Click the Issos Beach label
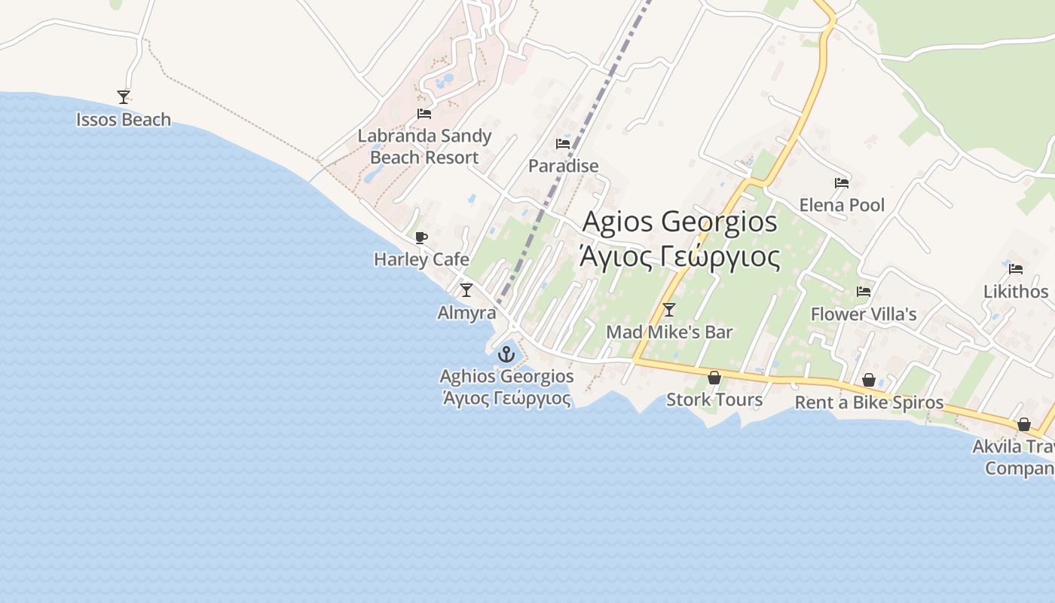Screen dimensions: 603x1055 (x=124, y=120)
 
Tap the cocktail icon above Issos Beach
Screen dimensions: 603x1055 (x=124, y=96)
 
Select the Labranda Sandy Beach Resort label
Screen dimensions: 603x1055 (x=424, y=147)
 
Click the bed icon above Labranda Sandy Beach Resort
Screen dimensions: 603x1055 (x=424, y=114)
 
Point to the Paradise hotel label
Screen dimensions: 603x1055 (x=563, y=166)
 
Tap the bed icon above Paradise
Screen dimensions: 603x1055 (x=563, y=143)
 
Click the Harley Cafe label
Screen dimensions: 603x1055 (x=421, y=259)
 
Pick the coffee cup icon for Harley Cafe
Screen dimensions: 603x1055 (x=421, y=238)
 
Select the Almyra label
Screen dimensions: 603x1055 (x=466, y=313)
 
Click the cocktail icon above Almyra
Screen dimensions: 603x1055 (x=466, y=290)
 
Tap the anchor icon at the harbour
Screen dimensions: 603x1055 (x=506, y=354)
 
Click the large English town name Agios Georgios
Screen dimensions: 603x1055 (x=680, y=222)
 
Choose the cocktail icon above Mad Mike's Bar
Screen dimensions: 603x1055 (x=668, y=309)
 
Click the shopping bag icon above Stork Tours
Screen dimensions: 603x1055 (x=714, y=378)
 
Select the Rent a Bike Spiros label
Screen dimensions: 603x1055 (x=869, y=403)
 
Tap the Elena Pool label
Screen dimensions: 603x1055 (x=842, y=205)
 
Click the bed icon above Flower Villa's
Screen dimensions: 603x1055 (x=864, y=292)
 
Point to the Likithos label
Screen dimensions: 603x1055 (x=1016, y=292)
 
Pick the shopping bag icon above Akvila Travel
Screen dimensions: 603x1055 (x=1023, y=424)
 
